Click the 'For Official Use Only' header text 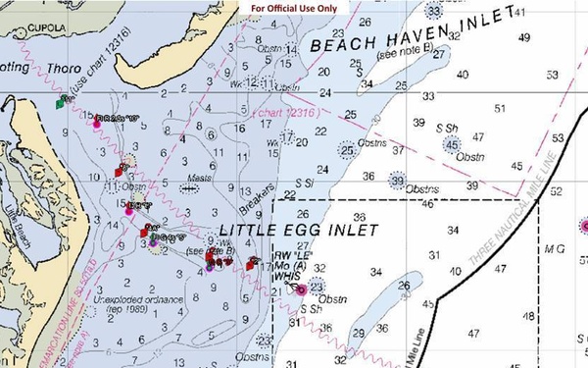click(293, 8)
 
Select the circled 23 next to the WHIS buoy click(317, 287)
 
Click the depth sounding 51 click(501, 108)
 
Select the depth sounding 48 click(528, 316)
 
